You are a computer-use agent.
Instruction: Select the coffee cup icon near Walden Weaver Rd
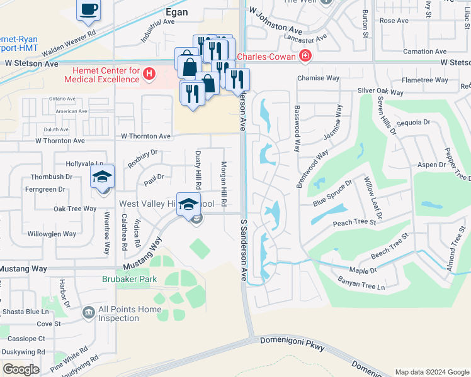[89, 10]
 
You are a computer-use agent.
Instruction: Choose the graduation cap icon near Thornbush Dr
[102, 178]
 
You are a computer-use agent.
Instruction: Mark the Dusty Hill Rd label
[197, 172]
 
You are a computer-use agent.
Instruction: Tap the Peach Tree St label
[354, 222]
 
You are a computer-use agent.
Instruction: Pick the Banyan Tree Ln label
[361, 284]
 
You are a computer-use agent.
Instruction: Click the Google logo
[21, 369]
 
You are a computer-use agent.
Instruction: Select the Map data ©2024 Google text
[431, 372]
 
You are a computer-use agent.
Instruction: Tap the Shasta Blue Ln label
[26, 312]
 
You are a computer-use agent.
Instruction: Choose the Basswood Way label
[296, 128]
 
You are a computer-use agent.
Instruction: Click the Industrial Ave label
[157, 29]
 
